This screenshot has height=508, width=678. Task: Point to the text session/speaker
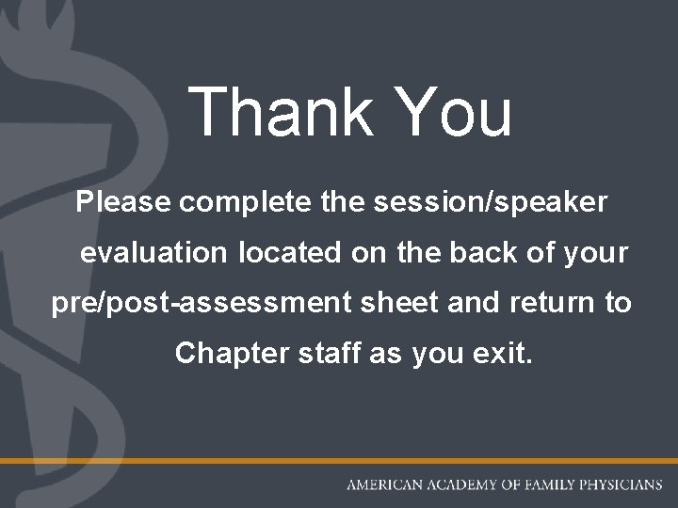tap(478, 202)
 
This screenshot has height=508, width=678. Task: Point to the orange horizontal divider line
tap(339, 460)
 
